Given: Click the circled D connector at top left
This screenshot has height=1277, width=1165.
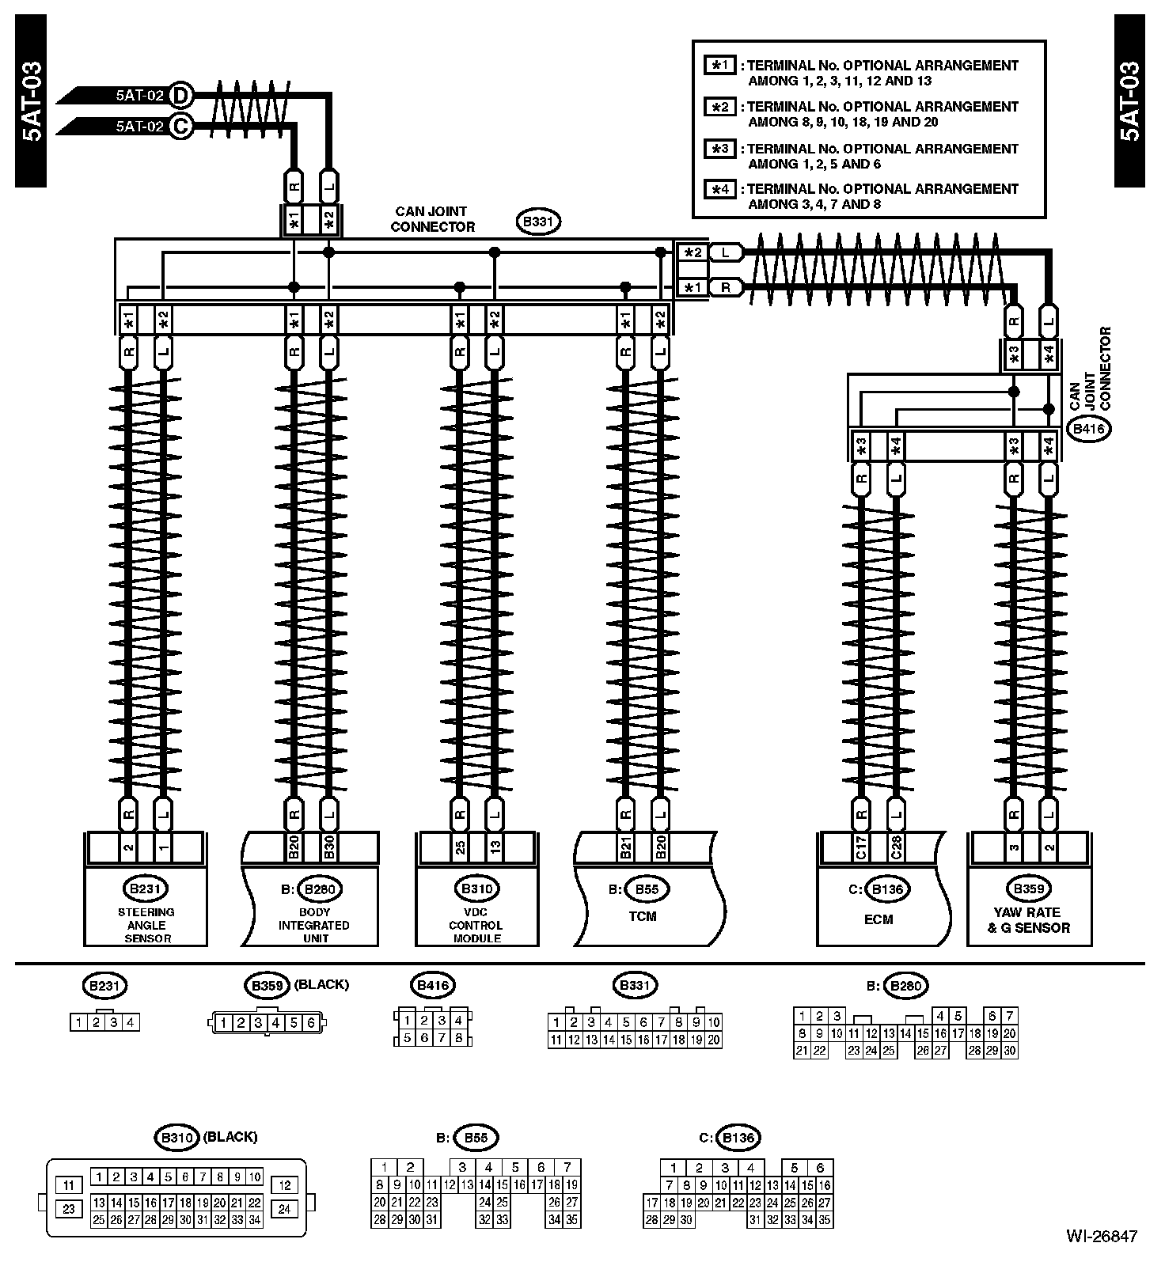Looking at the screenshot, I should [181, 95].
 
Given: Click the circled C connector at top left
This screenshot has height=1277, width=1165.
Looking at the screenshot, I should [181, 125].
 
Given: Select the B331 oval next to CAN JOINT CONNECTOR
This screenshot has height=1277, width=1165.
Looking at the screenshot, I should [538, 222].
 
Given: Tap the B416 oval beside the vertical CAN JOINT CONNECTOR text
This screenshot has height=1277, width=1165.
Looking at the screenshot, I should [1089, 430].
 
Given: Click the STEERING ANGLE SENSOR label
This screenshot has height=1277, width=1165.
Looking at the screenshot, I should [146, 925].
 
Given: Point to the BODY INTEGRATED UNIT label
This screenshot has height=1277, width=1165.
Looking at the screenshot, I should [313, 925].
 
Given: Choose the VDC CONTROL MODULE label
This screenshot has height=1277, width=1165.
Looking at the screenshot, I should [476, 925].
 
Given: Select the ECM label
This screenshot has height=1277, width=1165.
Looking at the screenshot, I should [878, 919].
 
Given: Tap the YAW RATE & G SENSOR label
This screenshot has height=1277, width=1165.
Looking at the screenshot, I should [1029, 919].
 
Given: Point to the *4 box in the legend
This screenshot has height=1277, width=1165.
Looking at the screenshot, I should [720, 189].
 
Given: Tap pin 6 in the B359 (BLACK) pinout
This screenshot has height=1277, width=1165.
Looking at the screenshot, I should [311, 1023].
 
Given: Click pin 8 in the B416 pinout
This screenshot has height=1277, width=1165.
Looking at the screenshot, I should [458, 1038].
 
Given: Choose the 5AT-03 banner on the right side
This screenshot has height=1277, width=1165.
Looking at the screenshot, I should [1129, 101].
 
